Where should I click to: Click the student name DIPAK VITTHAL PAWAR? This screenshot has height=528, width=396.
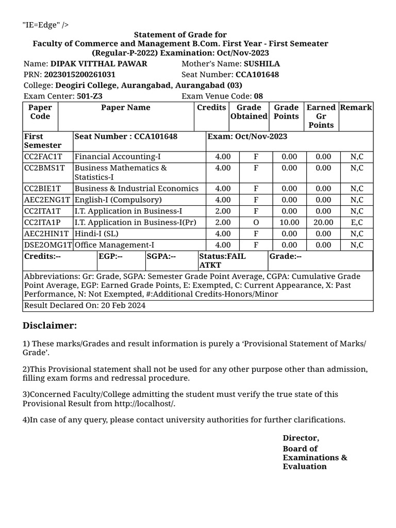(98, 64)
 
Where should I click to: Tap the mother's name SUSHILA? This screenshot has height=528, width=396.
(261, 64)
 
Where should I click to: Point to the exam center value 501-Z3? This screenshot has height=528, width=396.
(90, 96)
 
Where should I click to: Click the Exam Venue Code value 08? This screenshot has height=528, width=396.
(258, 96)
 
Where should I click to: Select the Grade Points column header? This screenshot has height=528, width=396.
(286, 112)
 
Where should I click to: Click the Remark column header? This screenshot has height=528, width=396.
(356, 108)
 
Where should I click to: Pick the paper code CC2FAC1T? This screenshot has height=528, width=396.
(43, 157)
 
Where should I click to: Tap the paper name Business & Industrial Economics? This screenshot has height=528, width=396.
(137, 189)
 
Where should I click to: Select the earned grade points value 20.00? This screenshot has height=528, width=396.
(323, 223)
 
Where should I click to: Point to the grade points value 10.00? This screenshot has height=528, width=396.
(289, 223)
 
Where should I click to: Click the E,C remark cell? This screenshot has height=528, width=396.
(356, 223)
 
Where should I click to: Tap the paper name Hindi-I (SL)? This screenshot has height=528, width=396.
(96, 234)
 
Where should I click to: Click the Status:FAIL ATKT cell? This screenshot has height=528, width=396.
(222, 260)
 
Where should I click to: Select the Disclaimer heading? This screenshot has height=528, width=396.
(49, 325)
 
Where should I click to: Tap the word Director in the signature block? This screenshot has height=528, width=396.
(300, 438)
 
